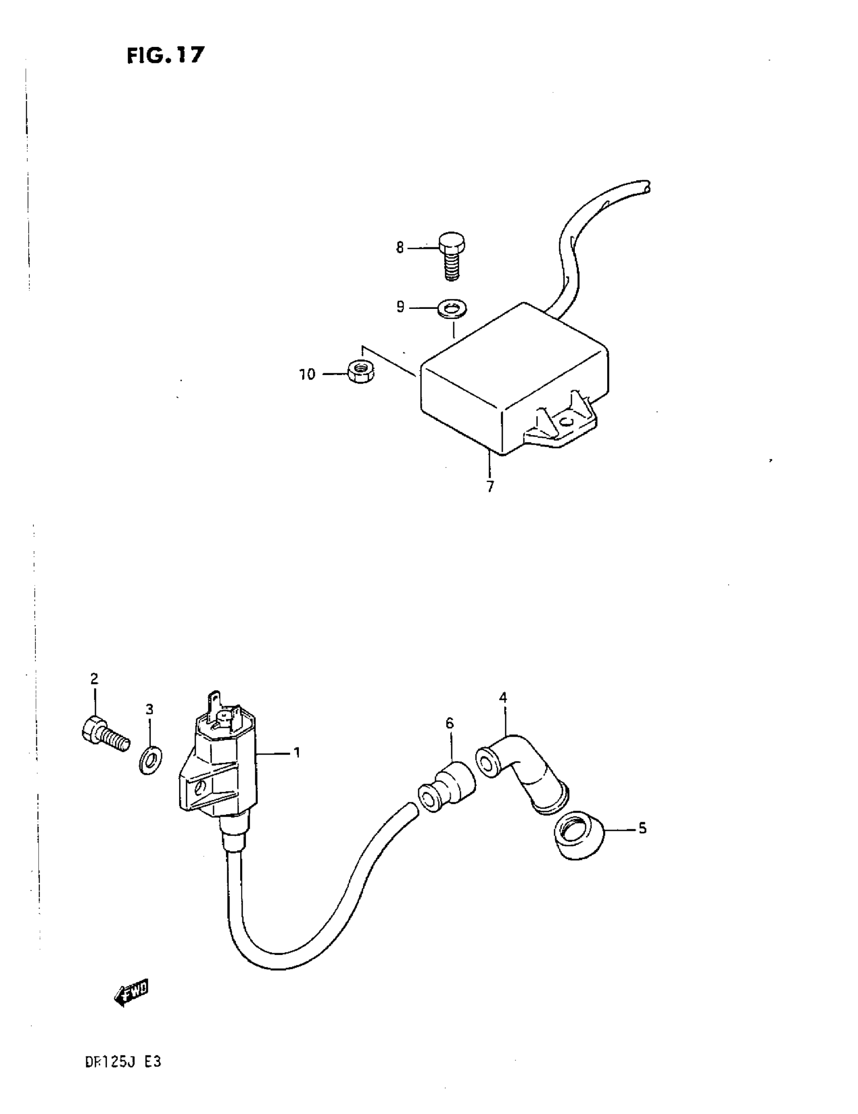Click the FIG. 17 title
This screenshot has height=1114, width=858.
pos(165,55)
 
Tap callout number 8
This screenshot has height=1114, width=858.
pos(400,248)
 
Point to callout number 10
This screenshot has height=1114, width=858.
pos(307,375)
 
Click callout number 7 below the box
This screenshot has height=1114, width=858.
pos(490,486)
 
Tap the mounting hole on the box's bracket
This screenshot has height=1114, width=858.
pos(565,422)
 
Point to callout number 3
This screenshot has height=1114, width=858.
pos(149,709)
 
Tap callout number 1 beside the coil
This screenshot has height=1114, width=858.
pos(296,753)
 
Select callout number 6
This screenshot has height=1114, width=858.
pos(449,723)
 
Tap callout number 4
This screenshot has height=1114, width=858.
pos(503,697)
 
